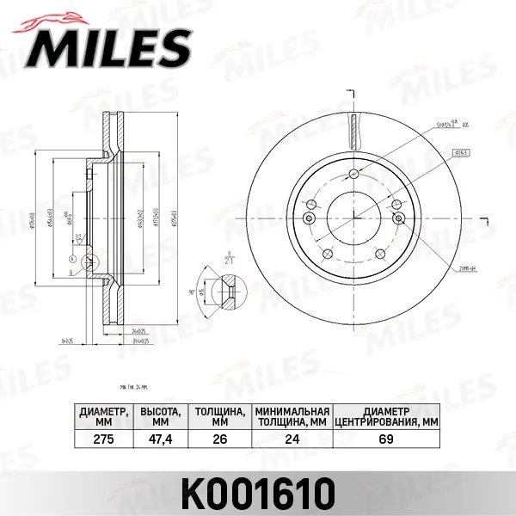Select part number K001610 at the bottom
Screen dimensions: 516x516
[259, 493]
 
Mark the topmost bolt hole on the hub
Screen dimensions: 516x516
[353, 175]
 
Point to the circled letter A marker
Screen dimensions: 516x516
[71, 258]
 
